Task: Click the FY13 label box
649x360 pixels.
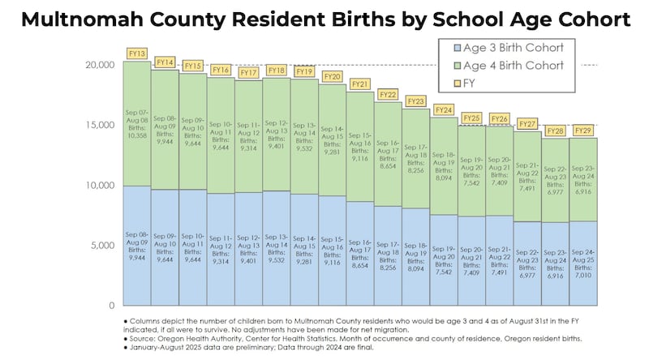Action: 136,54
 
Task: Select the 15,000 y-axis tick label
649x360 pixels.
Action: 100,125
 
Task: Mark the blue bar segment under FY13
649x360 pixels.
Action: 136,246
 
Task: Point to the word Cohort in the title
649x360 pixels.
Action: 577,19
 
